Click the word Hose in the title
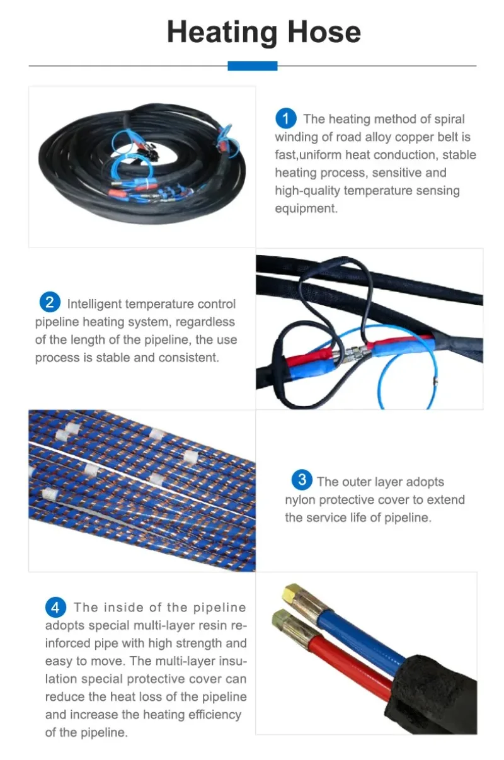[324, 32]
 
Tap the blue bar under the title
[252, 66]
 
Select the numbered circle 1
[285, 118]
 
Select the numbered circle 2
[50, 302]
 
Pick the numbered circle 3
[302, 480]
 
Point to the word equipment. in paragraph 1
[306, 208]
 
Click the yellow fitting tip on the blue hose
[291, 591]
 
